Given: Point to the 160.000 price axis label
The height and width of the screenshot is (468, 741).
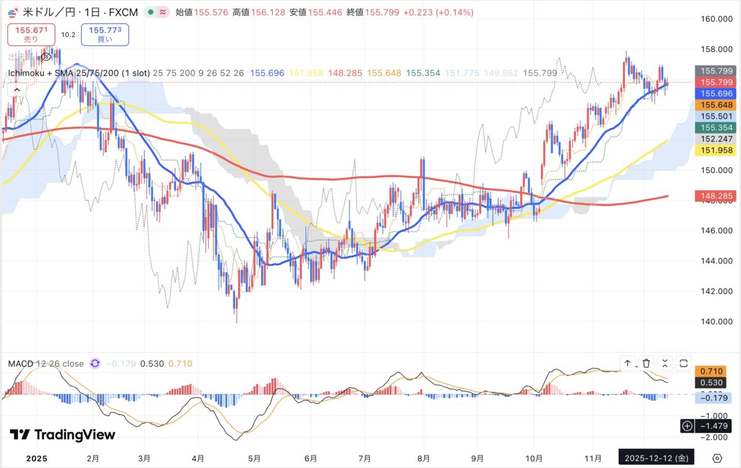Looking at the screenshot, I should [x=715, y=19].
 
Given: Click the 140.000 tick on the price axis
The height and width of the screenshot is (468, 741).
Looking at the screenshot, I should [x=715, y=321].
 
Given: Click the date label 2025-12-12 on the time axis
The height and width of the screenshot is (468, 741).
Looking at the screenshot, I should [x=655, y=458].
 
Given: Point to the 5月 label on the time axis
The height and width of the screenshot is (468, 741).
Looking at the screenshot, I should [x=254, y=458].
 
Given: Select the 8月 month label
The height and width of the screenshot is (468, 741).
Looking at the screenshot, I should [x=423, y=458].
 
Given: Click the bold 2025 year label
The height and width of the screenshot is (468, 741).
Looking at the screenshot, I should [x=38, y=458].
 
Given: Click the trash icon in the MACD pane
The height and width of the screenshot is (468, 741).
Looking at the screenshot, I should [x=646, y=363].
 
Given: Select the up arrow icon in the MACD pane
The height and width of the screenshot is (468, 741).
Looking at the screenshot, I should [x=627, y=363].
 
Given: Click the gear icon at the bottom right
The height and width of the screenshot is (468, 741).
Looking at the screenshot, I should [x=717, y=458].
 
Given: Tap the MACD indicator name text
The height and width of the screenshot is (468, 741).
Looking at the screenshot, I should [x=20, y=364].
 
